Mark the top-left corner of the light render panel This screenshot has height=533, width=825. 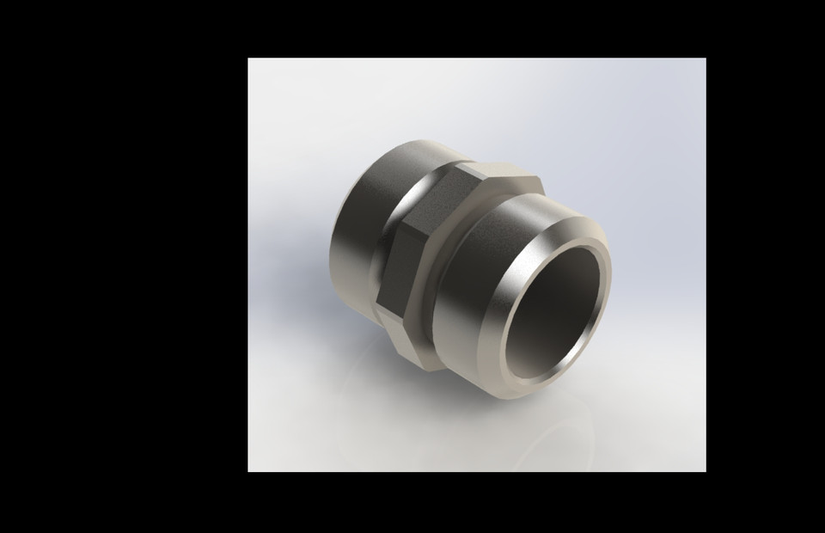click(x=248, y=58)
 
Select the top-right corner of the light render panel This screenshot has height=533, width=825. click(x=706, y=58)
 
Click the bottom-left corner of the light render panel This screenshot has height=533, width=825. click(x=248, y=471)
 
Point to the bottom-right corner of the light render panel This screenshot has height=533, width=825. click(x=706, y=471)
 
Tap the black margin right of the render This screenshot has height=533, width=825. click(x=765, y=266)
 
